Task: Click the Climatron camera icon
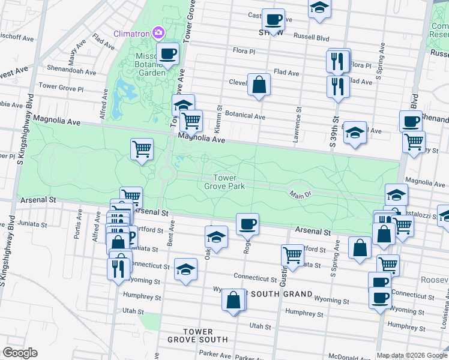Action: tap(158, 32)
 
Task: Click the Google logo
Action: tap(20, 353)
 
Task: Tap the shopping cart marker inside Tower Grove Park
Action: tap(142, 148)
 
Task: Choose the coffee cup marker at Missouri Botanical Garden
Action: tap(167, 53)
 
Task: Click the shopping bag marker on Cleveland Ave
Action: tap(259, 85)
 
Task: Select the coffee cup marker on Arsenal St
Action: tap(247, 224)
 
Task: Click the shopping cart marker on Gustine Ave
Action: tap(292, 255)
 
